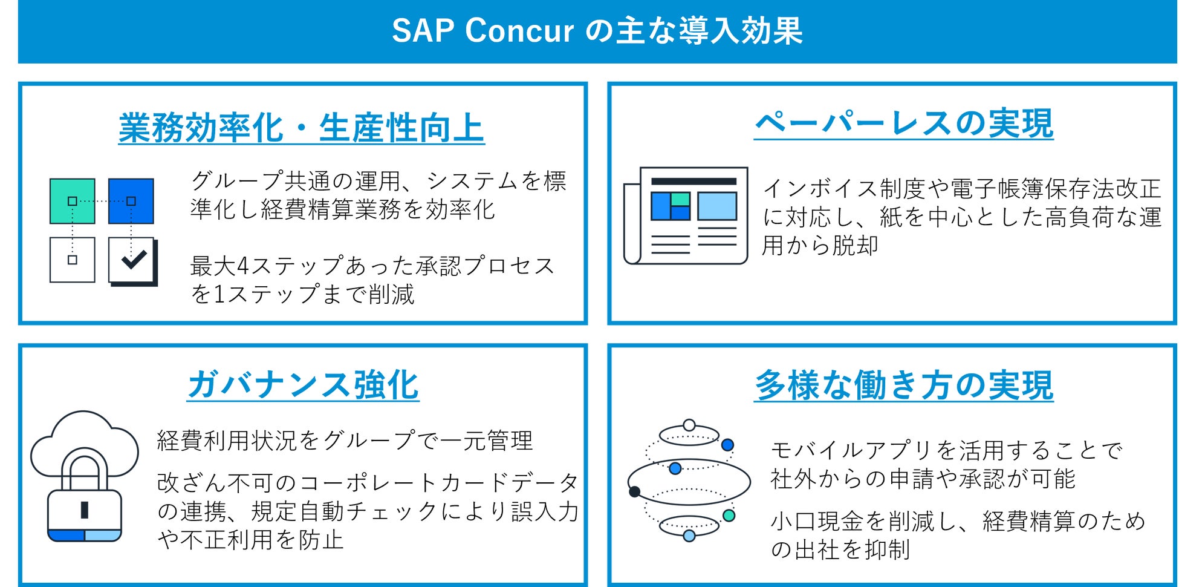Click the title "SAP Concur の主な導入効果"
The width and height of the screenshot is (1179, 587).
(x=597, y=31)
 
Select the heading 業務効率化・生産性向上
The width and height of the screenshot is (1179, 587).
(x=301, y=128)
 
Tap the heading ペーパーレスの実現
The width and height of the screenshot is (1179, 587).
(x=903, y=123)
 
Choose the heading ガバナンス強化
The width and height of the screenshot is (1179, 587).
(x=303, y=385)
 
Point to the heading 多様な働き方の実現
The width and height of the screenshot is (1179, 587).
(x=903, y=385)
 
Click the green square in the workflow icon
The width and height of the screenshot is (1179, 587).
(x=72, y=201)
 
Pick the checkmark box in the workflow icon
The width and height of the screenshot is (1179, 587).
(x=132, y=260)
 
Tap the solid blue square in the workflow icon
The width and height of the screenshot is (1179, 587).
(x=131, y=201)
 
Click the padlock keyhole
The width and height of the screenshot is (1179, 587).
(x=85, y=510)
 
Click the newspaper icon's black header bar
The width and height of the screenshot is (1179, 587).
(x=693, y=181)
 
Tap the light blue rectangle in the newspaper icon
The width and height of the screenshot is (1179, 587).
(x=717, y=206)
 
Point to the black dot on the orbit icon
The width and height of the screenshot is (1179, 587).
(x=634, y=491)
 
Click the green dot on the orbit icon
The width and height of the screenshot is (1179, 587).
(x=729, y=515)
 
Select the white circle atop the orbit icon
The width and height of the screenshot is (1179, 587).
(x=689, y=425)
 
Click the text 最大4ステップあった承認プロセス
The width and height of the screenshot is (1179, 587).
(x=372, y=266)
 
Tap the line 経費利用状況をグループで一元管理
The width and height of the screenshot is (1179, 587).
(x=345, y=441)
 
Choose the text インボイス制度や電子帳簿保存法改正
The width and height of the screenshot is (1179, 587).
(x=961, y=188)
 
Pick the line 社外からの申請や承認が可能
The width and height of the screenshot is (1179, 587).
(x=923, y=479)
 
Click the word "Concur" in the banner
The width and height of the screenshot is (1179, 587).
(x=519, y=31)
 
